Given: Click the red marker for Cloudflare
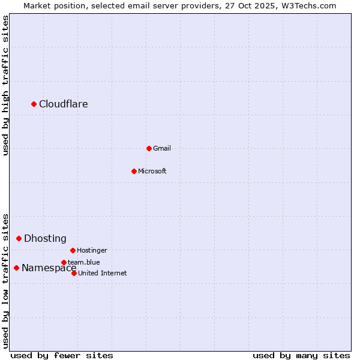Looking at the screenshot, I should [x=34, y=104].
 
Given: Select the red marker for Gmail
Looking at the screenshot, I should [x=149, y=148].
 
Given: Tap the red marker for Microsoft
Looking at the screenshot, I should [x=134, y=171].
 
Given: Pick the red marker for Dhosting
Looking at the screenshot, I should [x=19, y=239].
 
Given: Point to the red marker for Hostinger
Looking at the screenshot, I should [x=73, y=250].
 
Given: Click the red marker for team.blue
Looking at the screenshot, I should [x=64, y=262].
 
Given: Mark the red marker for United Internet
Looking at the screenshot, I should [x=74, y=273].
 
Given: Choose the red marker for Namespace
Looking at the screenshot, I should [x=16, y=268].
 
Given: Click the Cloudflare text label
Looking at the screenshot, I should [x=64, y=104].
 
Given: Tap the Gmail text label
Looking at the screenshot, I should [x=162, y=148].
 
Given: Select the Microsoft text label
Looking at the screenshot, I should [x=152, y=171].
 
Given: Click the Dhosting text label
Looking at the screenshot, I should [x=45, y=239].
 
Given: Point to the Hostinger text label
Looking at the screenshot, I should [x=92, y=250].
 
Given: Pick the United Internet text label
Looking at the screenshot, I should [x=103, y=273].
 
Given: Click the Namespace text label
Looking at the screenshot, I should [x=49, y=268].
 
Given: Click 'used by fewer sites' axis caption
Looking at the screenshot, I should [x=62, y=355].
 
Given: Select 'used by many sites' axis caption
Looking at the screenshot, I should [x=301, y=355].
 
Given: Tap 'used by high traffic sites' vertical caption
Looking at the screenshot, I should [x=5, y=85].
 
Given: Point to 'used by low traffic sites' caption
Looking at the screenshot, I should [x=5, y=281].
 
